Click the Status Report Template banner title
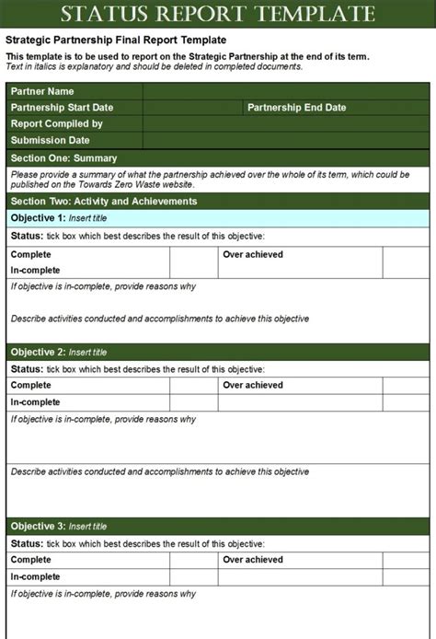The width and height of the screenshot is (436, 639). [218, 14]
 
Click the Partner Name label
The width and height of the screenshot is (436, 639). [42, 91]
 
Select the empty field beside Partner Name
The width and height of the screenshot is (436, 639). [286, 91]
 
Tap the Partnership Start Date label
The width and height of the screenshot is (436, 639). [62, 108]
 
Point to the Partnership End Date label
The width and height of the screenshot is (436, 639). [296, 108]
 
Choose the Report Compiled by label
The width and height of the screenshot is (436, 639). [57, 123]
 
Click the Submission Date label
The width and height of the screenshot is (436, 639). [51, 140]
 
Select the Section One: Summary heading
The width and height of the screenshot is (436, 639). [63, 157]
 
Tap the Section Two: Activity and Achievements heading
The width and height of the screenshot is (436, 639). [103, 201]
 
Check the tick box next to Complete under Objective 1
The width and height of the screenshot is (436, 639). [192, 254]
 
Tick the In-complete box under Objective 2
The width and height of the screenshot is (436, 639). [192, 402]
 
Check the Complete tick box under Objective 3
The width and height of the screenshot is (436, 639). [192, 560]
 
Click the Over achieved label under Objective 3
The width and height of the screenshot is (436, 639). [252, 560]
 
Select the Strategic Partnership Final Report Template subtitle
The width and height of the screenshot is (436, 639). [115, 41]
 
